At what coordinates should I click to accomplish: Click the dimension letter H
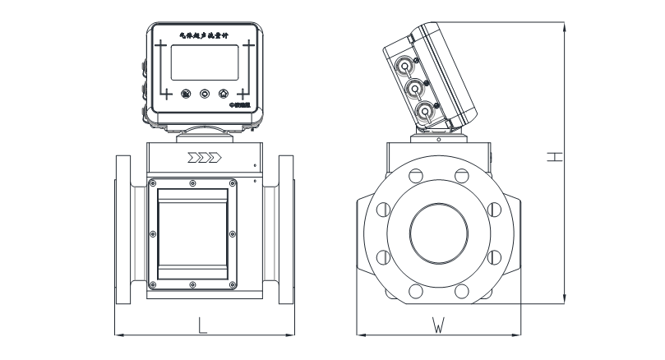tap(556, 156)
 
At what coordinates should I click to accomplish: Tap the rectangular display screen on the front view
tap(205, 62)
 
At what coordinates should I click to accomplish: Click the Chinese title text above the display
tap(205, 35)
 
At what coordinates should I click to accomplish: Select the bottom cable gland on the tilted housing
tap(423, 112)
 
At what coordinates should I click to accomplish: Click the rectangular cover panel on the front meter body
tap(192, 233)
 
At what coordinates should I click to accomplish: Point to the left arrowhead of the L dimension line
tap(116, 335)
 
